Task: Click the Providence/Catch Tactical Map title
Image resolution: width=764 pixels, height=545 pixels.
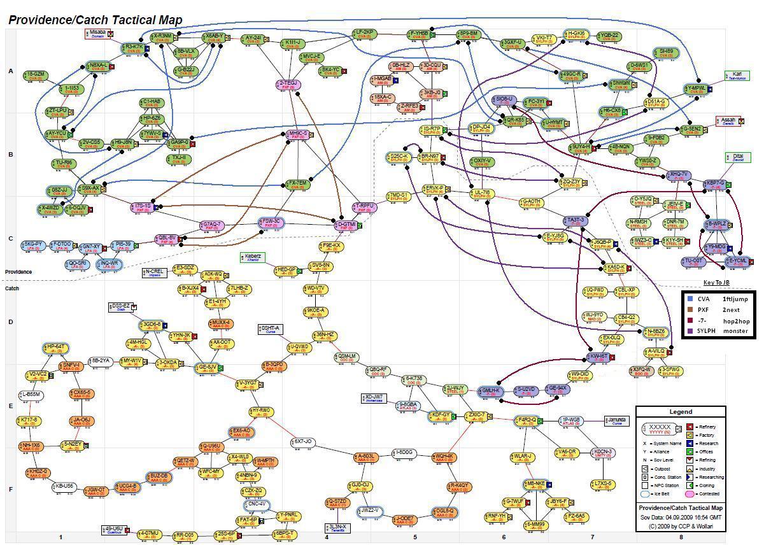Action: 95,20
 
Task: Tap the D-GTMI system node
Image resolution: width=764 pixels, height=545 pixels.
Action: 346,225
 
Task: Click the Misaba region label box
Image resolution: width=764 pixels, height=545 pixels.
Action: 98,33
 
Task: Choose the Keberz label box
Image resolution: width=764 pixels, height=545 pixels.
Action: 253,257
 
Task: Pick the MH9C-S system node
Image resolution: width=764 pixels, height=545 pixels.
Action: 297,135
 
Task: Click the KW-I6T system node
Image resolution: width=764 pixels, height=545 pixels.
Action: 599,357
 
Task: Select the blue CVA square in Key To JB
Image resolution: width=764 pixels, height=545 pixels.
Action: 690,298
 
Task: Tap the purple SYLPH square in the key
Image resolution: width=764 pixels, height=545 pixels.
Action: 690,330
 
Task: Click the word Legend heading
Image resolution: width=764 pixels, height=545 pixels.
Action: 680,412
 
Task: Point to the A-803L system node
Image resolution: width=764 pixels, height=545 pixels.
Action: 367,457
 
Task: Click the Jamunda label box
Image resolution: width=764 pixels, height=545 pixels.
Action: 618,421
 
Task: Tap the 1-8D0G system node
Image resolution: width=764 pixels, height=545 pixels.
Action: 405,453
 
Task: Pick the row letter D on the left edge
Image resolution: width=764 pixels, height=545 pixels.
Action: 10,322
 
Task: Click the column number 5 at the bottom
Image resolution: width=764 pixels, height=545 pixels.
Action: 415,537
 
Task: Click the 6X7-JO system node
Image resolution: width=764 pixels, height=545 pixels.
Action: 303,442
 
